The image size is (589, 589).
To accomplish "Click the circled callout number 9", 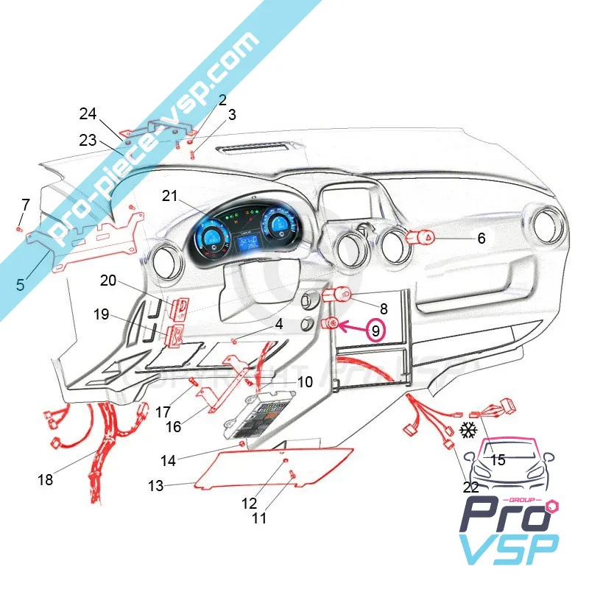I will (375, 331).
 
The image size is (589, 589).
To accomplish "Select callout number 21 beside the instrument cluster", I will (170, 196).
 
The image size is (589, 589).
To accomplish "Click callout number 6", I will (481, 239).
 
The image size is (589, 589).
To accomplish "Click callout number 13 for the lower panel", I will (155, 486).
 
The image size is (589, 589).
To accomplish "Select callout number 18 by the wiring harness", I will (46, 480).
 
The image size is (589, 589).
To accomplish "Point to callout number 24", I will (88, 114).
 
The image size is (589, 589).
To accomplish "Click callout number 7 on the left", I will (26, 204).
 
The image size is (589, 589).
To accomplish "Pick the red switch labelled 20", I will (179, 307).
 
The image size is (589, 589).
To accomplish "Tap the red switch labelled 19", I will (176, 335).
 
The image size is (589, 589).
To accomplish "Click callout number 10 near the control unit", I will (305, 382).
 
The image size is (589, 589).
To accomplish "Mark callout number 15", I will (498, 460).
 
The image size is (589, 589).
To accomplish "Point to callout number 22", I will (471, 487).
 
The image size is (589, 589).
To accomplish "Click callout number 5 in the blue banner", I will (21, 283).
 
